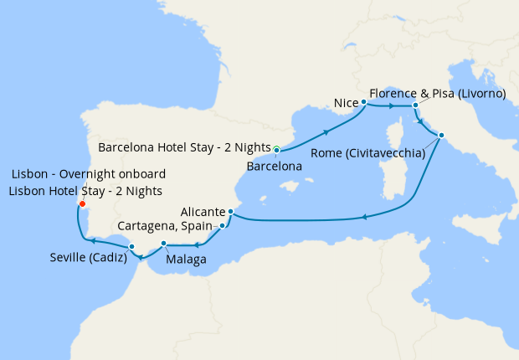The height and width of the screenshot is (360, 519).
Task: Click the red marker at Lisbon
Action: [x=82, y=203]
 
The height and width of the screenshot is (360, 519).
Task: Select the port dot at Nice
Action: [x=364, y=103]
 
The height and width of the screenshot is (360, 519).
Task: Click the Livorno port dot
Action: [x=415, y=105]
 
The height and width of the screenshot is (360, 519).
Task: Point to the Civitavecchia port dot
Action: [x=441, y=136]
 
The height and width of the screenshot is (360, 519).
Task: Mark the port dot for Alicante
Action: [x=229, y=213]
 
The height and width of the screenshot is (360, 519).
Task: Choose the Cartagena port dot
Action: [x=222, y=226]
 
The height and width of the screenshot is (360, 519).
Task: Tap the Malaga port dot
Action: [x=164, y=244]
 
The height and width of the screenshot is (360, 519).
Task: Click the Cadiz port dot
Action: [x=131, y=246]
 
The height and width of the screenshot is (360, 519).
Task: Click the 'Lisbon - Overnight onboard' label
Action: [x=88, y=174]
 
